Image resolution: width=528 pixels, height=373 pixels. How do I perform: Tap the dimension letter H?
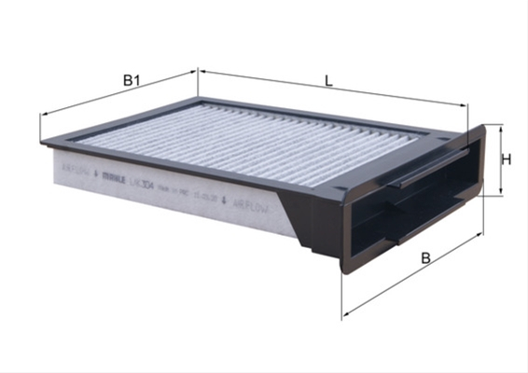coord(506,159)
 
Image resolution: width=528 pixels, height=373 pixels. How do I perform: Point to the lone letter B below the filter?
coord(425,258)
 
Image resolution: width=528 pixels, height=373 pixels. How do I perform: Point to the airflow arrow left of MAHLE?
coord(96,173)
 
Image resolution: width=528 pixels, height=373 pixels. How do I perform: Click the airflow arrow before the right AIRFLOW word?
coord(225,199)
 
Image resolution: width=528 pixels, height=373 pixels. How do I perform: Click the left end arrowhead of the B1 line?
coord(43,116)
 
